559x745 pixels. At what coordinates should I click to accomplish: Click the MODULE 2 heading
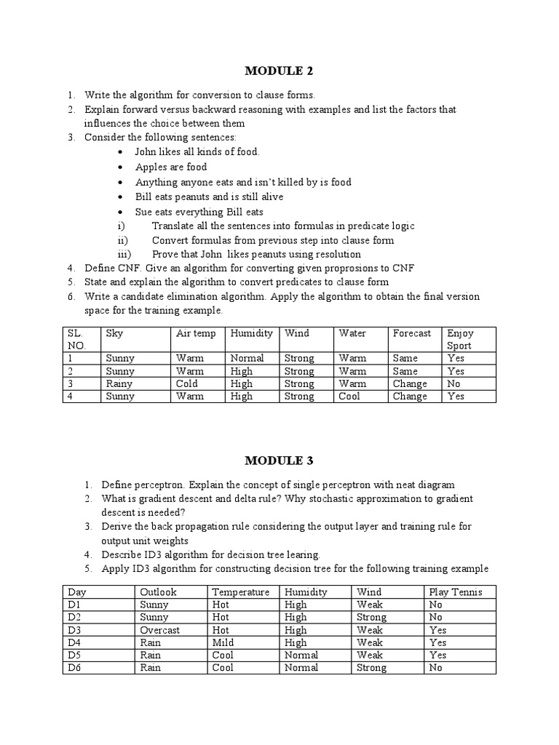click(279, 71)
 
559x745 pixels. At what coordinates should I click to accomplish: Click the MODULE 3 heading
click(279, 460)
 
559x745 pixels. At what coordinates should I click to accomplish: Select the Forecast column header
click(412, 333)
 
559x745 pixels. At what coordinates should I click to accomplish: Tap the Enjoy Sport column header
click(459, 339)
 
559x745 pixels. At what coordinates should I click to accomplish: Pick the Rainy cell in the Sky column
click(119, 383)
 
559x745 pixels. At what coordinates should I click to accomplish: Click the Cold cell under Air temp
click(187, 383)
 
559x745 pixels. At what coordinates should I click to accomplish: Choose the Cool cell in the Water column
click(349, 397)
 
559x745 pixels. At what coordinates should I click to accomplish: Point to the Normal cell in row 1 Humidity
click(247, 358)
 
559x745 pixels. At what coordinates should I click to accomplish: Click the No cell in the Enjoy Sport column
click(453, 383)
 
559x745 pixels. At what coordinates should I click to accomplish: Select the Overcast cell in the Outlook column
click(160, 630)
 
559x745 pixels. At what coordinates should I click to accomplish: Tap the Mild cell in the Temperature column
click(223, 642)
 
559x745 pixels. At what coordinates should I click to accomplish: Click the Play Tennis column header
click(456, 592)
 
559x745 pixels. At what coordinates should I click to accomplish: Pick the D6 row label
click(74, 667)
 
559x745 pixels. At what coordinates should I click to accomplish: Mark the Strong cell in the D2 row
click(372, 617)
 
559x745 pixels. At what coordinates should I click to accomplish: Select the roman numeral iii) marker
click(123, 254)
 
